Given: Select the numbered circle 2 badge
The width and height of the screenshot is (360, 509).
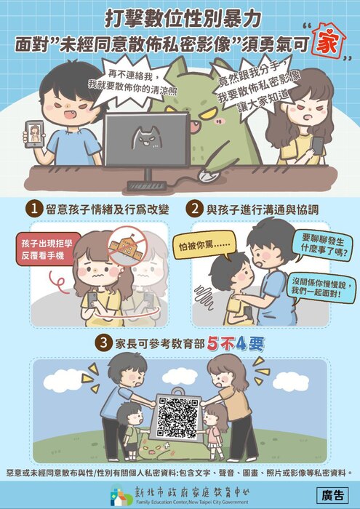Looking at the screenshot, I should point(194,209).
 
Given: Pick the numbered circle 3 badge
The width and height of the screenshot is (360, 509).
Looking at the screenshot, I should point(105,341).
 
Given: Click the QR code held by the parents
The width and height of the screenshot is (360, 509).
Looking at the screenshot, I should point(178,417).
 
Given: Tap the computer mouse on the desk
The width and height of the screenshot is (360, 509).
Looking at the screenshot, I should point(207,176).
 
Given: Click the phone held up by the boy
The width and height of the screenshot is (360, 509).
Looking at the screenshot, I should point(33,133).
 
